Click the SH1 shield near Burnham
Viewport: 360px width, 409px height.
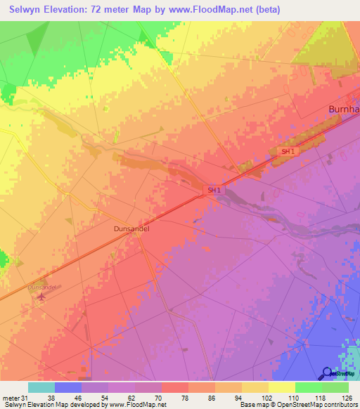[x=287, y=152]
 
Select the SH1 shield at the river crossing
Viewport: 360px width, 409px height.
[x=214, y=190]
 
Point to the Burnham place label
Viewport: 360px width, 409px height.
[x=345, y=109]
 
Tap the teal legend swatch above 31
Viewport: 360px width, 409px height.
[x=41, y=387]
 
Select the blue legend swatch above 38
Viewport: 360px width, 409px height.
[x=67, y=387]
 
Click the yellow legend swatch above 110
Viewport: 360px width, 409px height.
[x=281, y=387]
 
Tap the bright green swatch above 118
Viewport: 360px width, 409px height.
[x=308, y=387]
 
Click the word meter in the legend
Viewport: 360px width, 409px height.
[x=12, y=397]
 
